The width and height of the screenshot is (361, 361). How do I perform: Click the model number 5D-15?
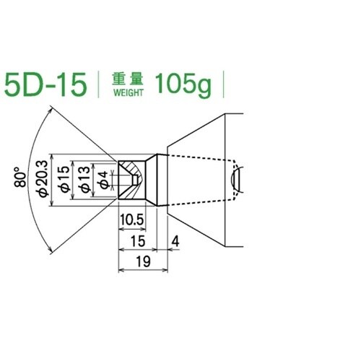(45, 84)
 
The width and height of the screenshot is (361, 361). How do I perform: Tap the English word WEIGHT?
(129, 92)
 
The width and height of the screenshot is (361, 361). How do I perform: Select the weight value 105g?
(183, 85)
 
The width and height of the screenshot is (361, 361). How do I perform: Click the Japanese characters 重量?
(128, 79)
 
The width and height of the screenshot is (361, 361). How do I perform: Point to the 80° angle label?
(20, 180)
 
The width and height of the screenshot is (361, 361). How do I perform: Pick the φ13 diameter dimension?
(84, 179)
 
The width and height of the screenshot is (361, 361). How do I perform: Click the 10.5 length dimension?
(132, 220)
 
